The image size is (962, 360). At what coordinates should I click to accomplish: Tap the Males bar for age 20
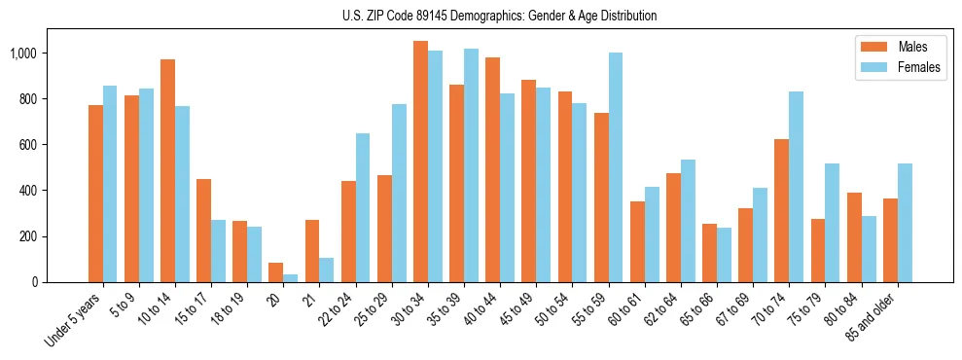point(276,272)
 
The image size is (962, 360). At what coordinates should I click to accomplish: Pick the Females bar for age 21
point(327,270)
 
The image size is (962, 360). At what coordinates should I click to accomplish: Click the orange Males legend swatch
point(873,47)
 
